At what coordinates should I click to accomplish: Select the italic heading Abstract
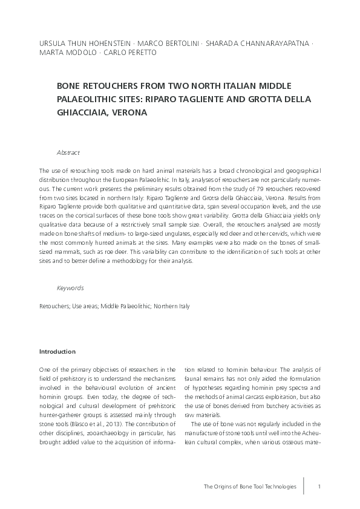pos(68,152)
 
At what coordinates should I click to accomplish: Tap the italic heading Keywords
pos(70,288)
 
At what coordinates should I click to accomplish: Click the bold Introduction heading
pos(57,351)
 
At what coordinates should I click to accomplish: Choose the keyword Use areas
pos(83,306)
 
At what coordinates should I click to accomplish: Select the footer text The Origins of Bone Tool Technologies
pos(250,486)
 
